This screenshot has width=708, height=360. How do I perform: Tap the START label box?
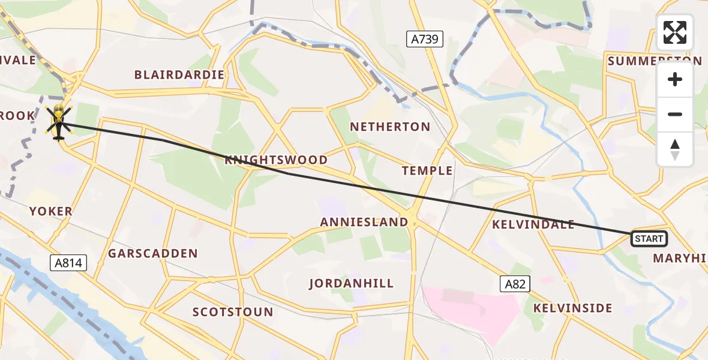649,239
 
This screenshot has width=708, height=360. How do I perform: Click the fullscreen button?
675,32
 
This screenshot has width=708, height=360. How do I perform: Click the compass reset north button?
675,149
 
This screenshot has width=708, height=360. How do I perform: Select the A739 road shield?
425,40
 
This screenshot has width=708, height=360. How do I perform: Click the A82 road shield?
515,284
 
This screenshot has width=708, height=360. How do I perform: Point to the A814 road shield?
69,262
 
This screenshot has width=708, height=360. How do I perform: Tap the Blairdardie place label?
179,75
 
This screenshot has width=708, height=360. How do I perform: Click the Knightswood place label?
276,160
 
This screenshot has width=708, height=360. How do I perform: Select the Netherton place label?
390,127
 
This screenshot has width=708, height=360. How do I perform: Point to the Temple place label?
427,171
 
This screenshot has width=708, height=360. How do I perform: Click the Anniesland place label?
364,222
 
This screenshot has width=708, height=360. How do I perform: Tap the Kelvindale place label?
533,225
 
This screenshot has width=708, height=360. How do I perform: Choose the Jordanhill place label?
352,283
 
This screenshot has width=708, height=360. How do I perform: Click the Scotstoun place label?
233,312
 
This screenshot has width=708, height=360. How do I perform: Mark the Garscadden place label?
153,254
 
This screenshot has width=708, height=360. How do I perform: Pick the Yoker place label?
51,211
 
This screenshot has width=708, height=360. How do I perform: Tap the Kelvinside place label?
572,308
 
